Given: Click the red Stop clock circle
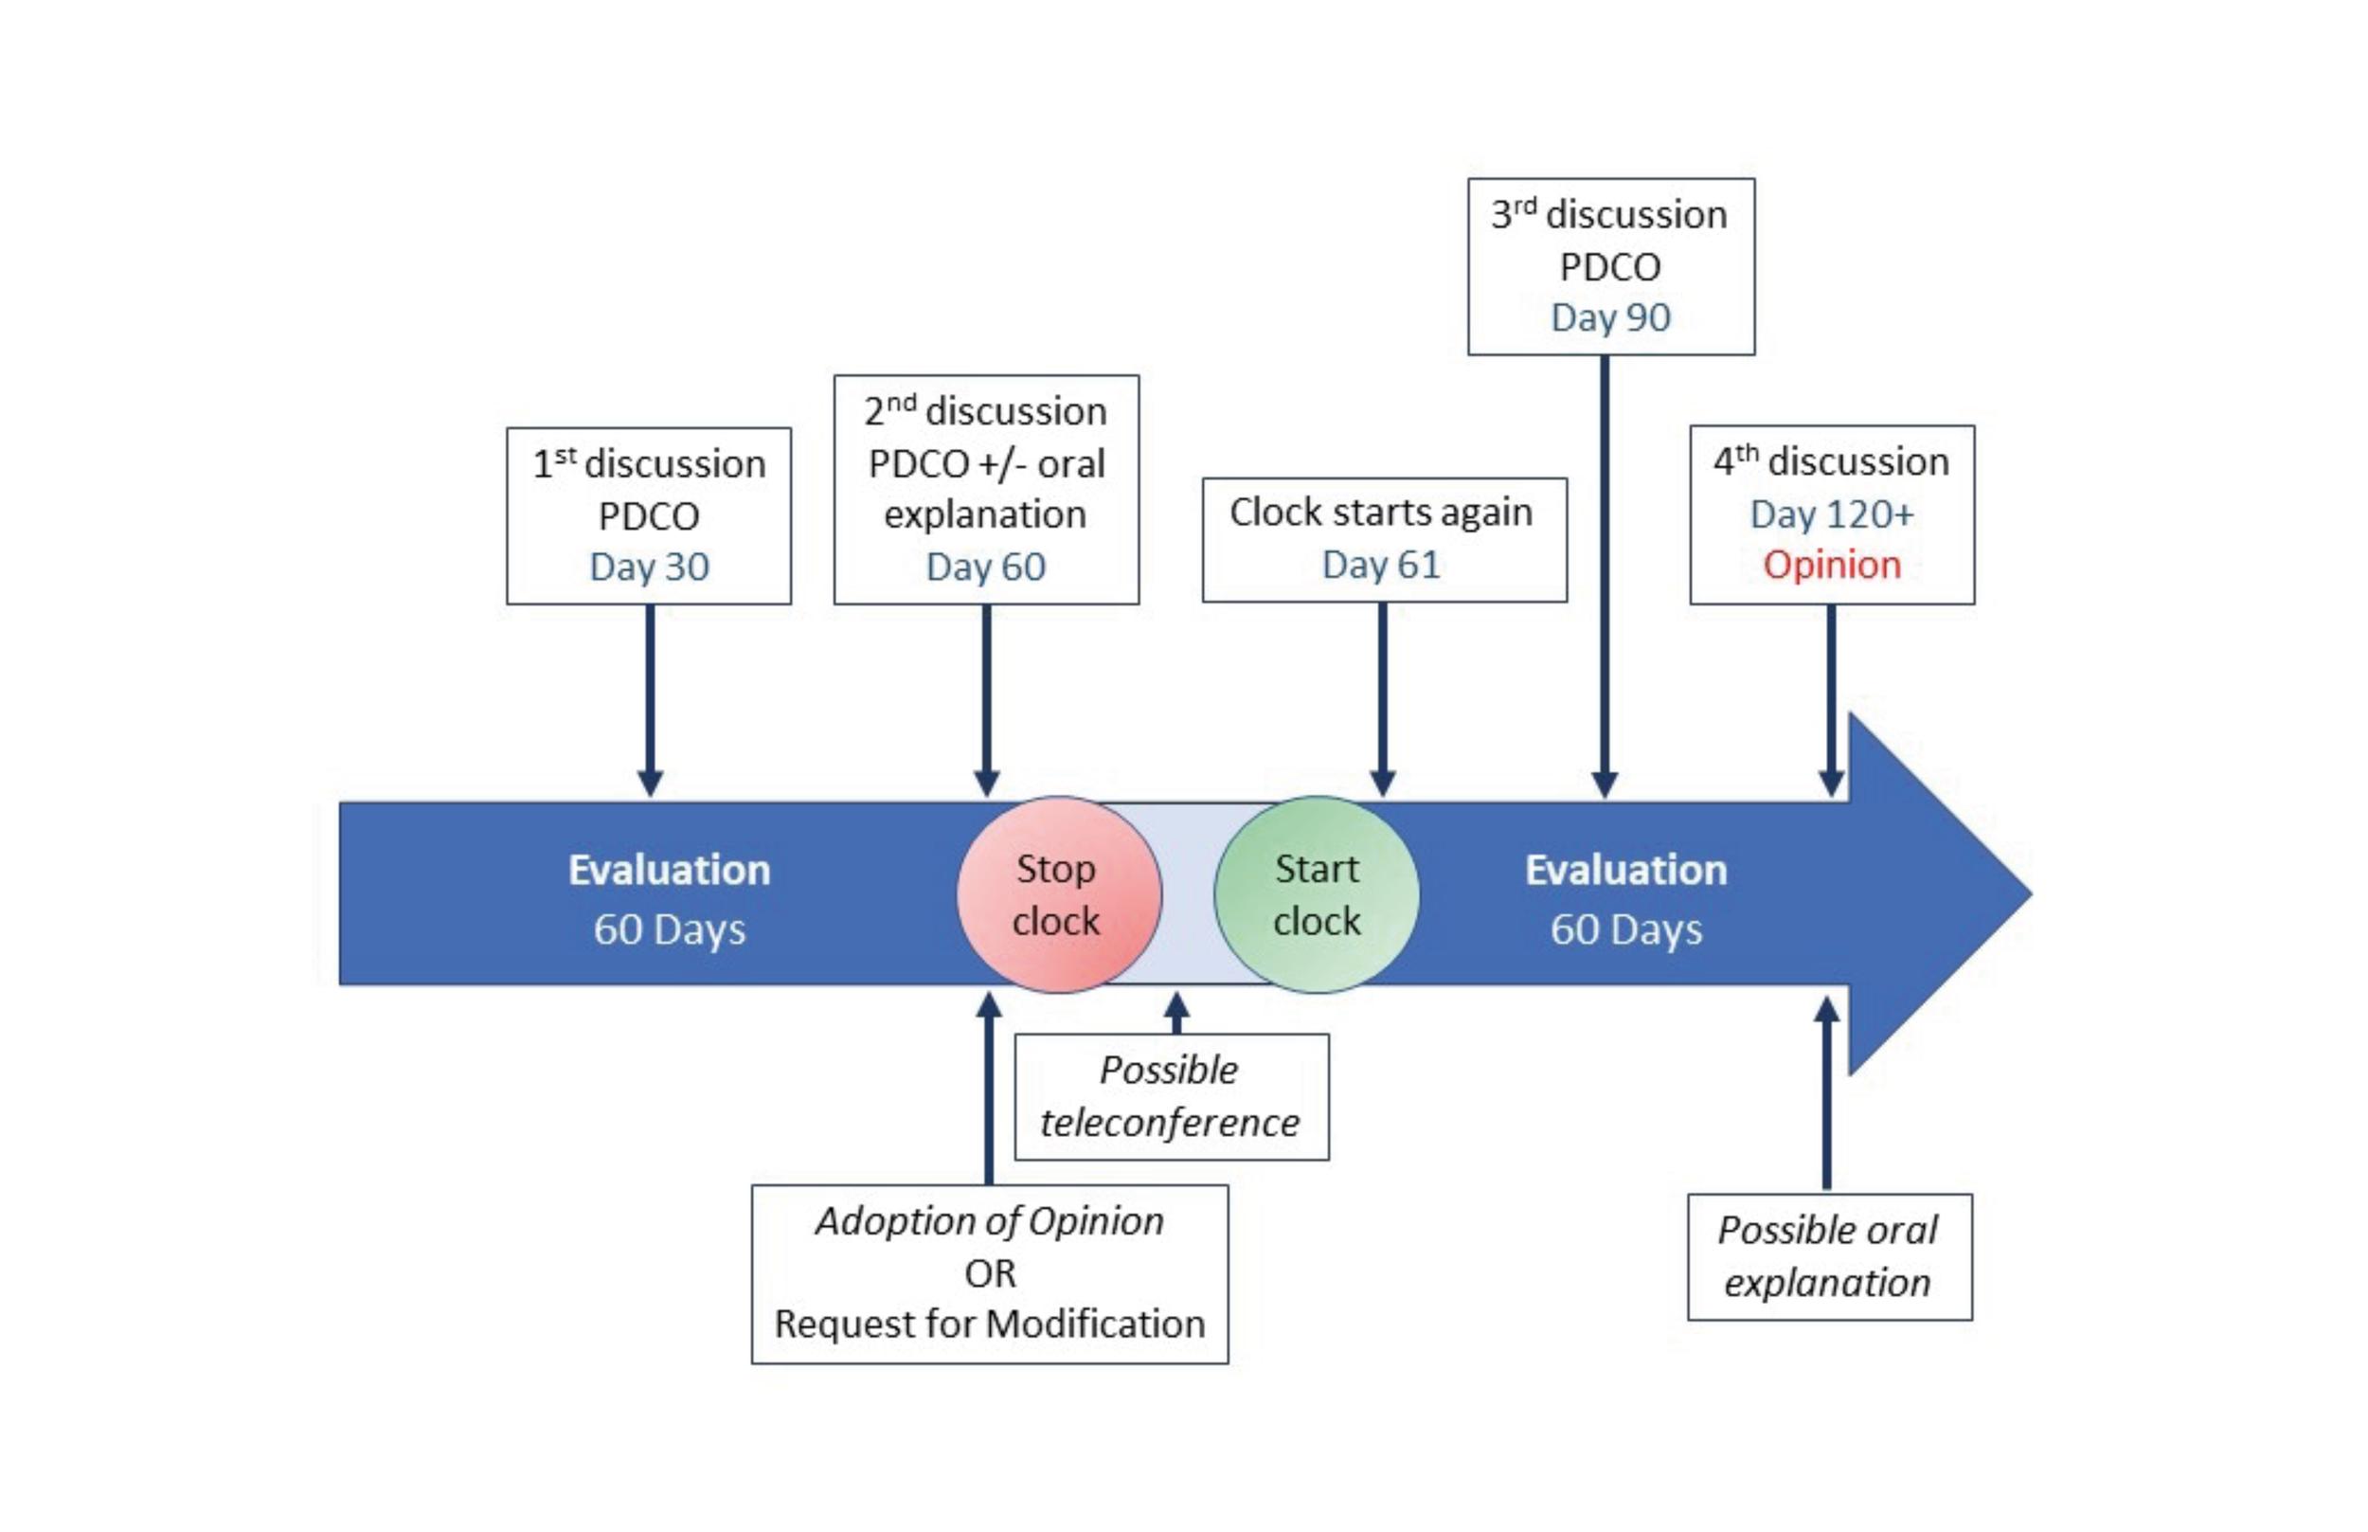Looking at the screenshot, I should (1058, 894).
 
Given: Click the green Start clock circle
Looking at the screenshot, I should (1316, 894).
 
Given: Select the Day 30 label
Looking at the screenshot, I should (650, 567).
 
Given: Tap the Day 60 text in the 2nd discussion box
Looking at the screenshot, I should (986, 567).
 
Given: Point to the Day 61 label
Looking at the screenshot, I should (1380, 565).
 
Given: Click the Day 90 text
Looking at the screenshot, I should (1610, 318).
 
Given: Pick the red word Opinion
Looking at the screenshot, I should (1831, 565).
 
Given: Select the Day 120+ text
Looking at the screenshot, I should (1831, 514).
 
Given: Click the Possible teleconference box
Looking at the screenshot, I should (1171, 1096).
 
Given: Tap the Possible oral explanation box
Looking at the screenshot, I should (1828, 1256).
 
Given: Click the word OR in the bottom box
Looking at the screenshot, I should (990, 1273).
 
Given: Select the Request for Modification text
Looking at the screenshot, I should (990, 1325).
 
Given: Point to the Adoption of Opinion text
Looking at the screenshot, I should (990, 1221).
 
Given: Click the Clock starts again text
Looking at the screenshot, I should (1380, 513).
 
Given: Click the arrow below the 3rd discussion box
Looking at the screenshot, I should (1605, 577).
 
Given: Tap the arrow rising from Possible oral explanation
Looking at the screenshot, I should (1826, 1094).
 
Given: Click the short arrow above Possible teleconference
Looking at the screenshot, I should (1176, 1013).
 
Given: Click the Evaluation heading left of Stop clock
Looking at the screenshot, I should (670, 871).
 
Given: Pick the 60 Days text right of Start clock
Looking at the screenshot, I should (1626, 930).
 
